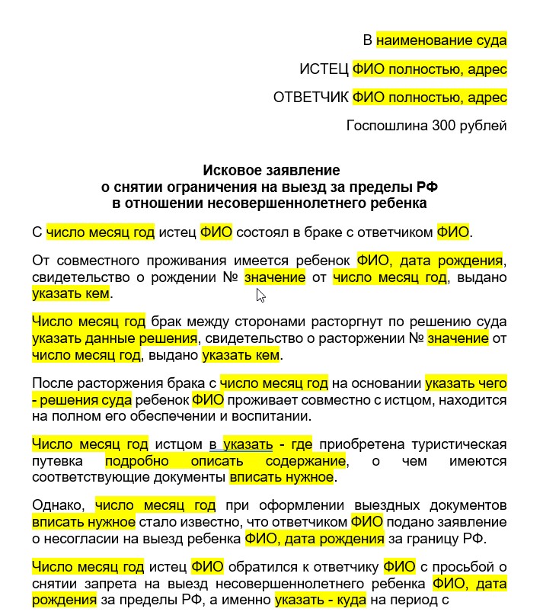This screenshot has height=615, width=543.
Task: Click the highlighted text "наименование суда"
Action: click(x=441, y=40)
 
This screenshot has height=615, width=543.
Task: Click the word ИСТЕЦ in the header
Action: click(x=324, y=69)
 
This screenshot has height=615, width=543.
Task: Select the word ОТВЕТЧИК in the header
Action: click(x=311, y=98)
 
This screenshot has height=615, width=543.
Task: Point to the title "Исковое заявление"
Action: click(x=271, y=170)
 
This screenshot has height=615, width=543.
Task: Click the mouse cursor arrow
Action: click(x=260, y=295)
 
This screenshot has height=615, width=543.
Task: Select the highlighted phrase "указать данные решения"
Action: click(x=115, y=337)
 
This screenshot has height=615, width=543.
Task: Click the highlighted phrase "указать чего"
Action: click(x=465, y=383)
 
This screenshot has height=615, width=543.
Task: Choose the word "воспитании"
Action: click(x=270, y=416)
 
